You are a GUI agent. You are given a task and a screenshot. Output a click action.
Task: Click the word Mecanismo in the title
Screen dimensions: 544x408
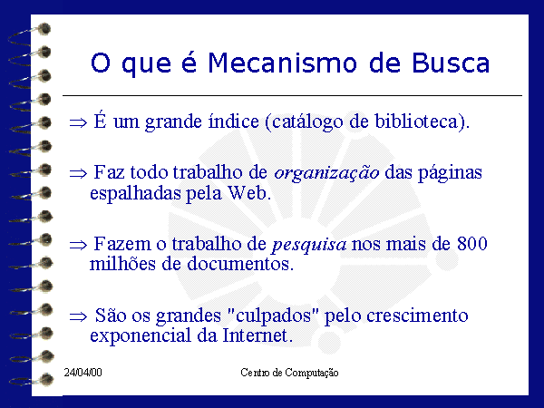[282, 63]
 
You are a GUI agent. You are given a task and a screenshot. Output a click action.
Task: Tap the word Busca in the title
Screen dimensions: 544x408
[451, 63]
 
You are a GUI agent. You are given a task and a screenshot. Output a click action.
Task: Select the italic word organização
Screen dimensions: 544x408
[326, 173]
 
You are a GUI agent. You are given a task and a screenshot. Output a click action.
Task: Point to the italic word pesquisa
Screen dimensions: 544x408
[309, 245]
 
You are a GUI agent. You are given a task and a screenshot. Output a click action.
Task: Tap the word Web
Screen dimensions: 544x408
[248, 192]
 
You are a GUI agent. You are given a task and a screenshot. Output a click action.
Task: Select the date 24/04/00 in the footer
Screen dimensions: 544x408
[83, 373]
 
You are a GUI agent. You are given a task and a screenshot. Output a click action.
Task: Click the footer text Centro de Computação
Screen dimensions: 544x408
[289, 373]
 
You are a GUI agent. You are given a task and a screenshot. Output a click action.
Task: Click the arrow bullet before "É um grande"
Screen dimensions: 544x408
[78, 122]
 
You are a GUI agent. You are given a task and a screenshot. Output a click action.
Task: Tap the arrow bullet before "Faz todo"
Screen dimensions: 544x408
[78, 173]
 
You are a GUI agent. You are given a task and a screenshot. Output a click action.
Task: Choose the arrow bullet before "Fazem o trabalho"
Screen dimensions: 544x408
[78, 246]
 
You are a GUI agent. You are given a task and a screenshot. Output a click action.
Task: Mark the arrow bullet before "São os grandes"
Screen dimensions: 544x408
[78, 316]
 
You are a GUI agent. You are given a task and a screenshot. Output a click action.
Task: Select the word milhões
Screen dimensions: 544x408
[122, 264]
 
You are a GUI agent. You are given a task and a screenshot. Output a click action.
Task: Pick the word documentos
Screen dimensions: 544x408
[240, 264]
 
